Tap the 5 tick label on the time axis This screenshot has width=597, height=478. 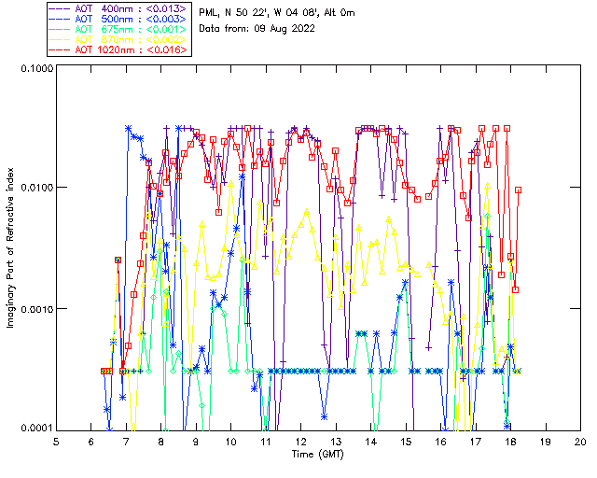[x=57, y=441]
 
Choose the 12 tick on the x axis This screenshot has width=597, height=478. [x=301, y=441]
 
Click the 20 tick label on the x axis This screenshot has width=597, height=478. [x=580, y=441]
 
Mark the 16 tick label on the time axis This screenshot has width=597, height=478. [x=440, y=441]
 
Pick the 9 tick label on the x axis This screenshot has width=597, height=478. [x=197, y=441]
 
